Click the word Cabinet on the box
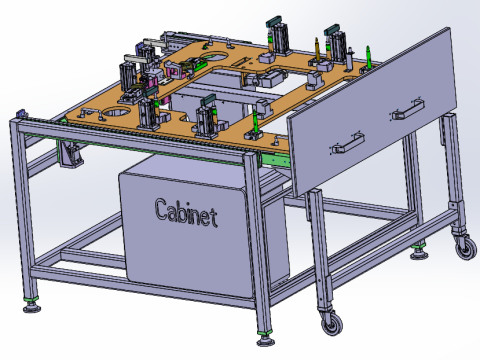(x=186, y=212)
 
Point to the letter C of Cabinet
(x=161, y=209)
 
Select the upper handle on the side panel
(x=407, y=109)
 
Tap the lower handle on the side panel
(x=348, y=143)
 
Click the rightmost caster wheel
(x=466, y=248)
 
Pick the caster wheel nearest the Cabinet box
(x=332, y=323)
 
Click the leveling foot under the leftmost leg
(x=32, y=307)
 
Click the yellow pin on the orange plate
(x=316, y=49)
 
